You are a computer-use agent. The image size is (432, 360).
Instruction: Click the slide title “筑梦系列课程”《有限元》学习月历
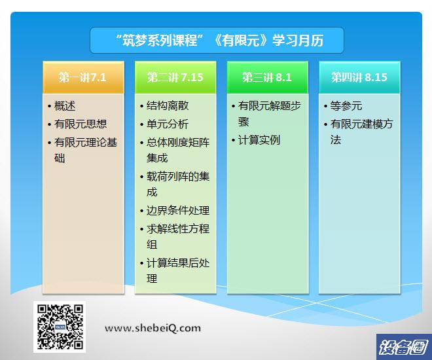pyautogui.click(x=219, y=40)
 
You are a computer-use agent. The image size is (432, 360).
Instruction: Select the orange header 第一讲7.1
pyautogui.click(x=83, y=77)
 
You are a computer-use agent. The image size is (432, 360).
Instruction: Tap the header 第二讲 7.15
pyautogui.click(x=175, y=77)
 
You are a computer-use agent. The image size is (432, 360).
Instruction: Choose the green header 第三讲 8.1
pyautogui.click(x=267, y=77)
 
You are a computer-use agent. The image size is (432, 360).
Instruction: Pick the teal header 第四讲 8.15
pyautogui.click(x=359, y=77)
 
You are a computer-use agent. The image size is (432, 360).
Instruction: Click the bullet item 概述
pyautogui.click(x=65, y=106)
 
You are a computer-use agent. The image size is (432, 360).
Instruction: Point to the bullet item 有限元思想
pyautogui.click(x=81, y=124)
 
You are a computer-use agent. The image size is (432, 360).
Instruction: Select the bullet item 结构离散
pyautogui.click(x=168, y=106)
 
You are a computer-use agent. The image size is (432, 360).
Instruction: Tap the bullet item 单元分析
pyautogui.click(x=168, y=124)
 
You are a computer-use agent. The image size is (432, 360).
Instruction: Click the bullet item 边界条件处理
pyautogui.click(x=178, y=211)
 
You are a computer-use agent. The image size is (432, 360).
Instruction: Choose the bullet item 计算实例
pyautogui.click(x=259, y=140)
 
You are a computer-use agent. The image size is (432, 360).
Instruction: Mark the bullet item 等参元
pyautogui.click(x=346, y=106)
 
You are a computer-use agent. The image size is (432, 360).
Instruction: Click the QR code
pyautogui.click(x=60, y=327)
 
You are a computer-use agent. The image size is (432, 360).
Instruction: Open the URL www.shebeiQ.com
pyautogui.click(x=153, y=328)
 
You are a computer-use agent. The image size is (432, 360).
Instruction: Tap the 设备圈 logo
pyautogui.click(x=404, y=347)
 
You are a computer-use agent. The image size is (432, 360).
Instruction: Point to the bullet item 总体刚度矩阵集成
pyautogui.click(x=178, y=151)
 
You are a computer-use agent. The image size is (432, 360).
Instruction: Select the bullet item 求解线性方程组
pyautogui.click(x=178, y=236)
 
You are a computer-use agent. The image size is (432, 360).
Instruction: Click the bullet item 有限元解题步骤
pyautogui.click(x=270, y=114)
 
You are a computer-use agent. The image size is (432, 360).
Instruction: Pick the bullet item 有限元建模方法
pyautogui.click(x=361, y=132)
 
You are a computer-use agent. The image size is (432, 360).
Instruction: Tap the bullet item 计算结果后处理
pyautogui.click(x=178, y=271)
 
